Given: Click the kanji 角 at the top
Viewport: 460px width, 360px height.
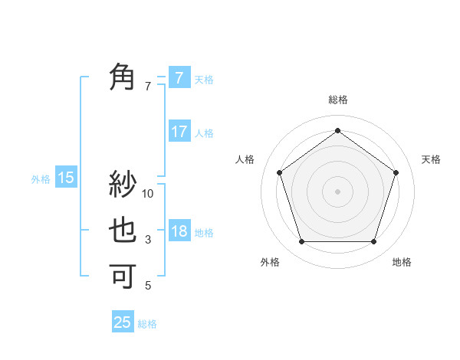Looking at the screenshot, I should (x=123, y=77).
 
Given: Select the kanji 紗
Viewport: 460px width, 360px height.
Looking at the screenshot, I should (x=123, y=185).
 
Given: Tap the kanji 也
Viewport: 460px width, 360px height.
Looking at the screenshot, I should (x=123, y=231).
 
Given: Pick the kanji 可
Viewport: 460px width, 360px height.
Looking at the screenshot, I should (x=123, y=275).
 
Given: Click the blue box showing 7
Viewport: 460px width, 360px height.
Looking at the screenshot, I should (x=179, y=78).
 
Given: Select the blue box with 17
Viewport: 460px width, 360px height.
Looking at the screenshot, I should (x=179, y=132).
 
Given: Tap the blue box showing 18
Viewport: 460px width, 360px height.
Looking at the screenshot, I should (x=179, y=231).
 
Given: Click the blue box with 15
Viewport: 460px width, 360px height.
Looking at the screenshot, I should (x=65, y=178).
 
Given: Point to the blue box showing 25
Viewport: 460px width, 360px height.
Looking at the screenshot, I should (x=123, y=322).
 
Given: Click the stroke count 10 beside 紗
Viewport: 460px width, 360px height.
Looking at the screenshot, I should (x=148, y=194).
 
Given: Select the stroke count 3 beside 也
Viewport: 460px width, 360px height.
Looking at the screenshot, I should (x=148, y=240).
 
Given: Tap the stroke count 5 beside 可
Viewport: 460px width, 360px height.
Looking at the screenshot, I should (x=148, y=286).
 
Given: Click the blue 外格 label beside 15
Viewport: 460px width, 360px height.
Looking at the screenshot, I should (x=41, y=179).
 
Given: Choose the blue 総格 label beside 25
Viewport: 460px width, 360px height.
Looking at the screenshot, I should (x=147, y=324).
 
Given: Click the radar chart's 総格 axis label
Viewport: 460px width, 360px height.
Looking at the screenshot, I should (x=337, y=100).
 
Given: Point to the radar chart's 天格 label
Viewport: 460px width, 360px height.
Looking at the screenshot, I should (x=431, y=159).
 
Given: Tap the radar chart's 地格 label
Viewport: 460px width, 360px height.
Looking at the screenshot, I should (x=402, y=262).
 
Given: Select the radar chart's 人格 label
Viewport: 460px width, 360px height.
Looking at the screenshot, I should (x=245, y=159).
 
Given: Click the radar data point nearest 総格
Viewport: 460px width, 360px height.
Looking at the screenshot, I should (x=337, y=131).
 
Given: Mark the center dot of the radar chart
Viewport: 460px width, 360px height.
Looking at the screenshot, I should (x=337, y=191).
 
